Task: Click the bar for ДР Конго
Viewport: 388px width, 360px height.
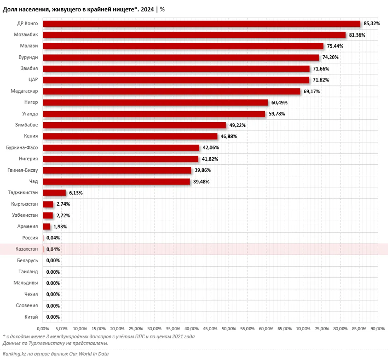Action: [202, 24]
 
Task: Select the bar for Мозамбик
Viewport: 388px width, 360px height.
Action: [194, 35]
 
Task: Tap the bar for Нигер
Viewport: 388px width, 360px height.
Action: [155, 102]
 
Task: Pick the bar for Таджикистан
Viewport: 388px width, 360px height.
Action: [54, 193]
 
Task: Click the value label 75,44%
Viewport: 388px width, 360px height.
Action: [335, 46]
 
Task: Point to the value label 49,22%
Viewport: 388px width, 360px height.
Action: [238, 125]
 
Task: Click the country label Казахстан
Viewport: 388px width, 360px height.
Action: [26, 249]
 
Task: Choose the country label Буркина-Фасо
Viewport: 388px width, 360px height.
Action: [22, 147]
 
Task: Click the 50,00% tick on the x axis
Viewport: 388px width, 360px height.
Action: [229, 329]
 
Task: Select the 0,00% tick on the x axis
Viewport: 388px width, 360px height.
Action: [43, 329]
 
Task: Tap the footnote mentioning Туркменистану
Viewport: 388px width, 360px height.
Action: [55, 343]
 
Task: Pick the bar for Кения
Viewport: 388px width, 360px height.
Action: [130, 136]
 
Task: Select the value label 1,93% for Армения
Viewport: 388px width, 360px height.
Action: [60, 227]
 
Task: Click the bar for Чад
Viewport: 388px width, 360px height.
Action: [117, 182]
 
